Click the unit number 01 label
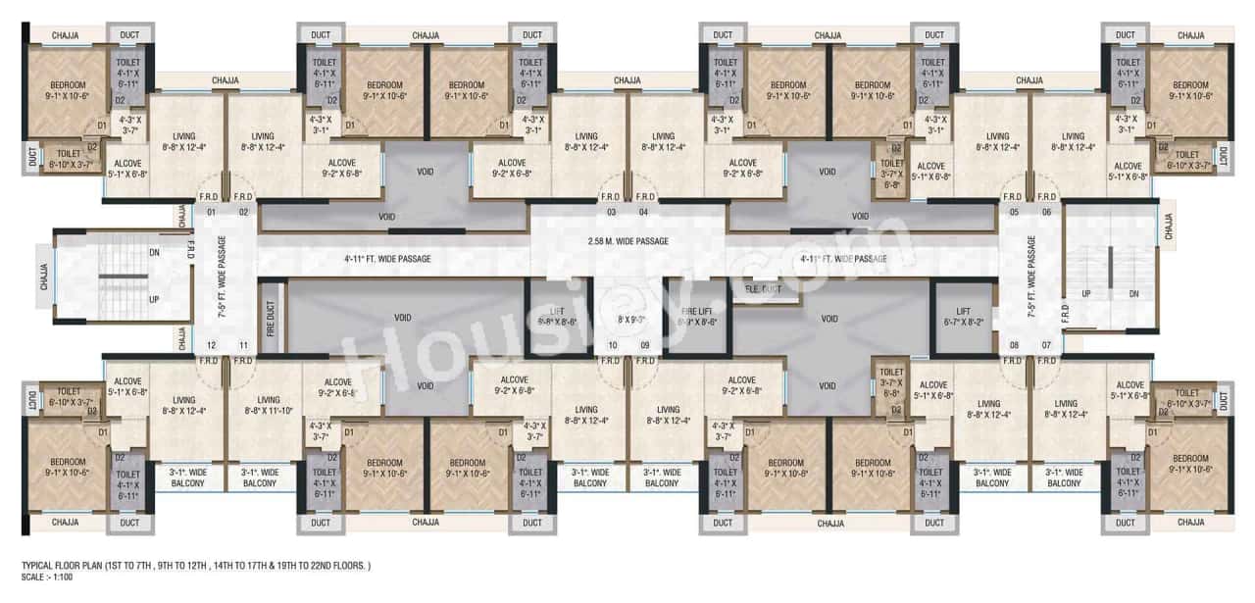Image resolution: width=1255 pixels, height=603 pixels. (x=210, y=211)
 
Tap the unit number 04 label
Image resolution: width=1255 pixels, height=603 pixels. (x=644, y=211)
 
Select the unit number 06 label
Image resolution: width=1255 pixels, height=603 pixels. (x=1046, y=211)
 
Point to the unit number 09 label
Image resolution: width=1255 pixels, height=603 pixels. (x=644, y=345)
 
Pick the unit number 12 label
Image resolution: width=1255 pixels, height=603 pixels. (x=210, y=345)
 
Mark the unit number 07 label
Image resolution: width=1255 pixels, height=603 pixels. (x=1046, y=345)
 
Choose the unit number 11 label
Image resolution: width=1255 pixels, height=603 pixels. (x=244, y=345)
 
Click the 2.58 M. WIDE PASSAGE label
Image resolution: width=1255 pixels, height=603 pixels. (x=627, y=241)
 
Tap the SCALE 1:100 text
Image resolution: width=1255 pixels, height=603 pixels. (x=46, y=578)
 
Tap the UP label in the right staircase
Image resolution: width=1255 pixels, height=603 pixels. (x=1085, y=294)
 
